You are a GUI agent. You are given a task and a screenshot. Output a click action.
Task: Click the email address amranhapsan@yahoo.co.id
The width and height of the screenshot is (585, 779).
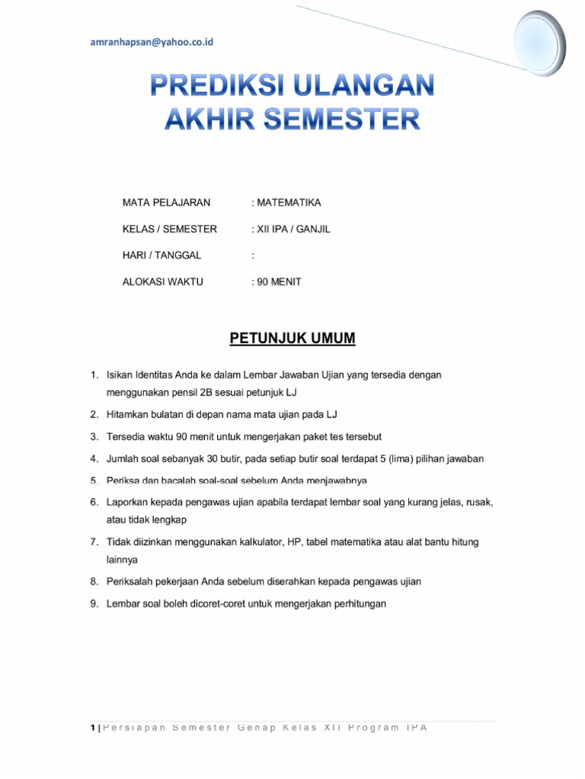152,43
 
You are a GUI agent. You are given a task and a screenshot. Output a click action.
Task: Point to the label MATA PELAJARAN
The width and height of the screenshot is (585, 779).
166,203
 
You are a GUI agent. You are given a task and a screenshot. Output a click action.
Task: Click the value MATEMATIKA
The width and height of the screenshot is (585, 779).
289,203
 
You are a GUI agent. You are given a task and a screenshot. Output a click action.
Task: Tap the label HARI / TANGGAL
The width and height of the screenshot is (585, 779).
161,256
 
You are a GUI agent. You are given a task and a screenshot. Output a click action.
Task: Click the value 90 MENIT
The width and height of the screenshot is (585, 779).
279,281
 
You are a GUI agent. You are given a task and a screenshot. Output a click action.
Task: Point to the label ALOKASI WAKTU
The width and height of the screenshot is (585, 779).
163,281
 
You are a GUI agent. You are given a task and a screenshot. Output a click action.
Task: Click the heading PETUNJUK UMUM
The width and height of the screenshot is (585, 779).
292,338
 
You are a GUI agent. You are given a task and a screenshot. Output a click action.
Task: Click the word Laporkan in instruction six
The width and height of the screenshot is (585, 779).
129,503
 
